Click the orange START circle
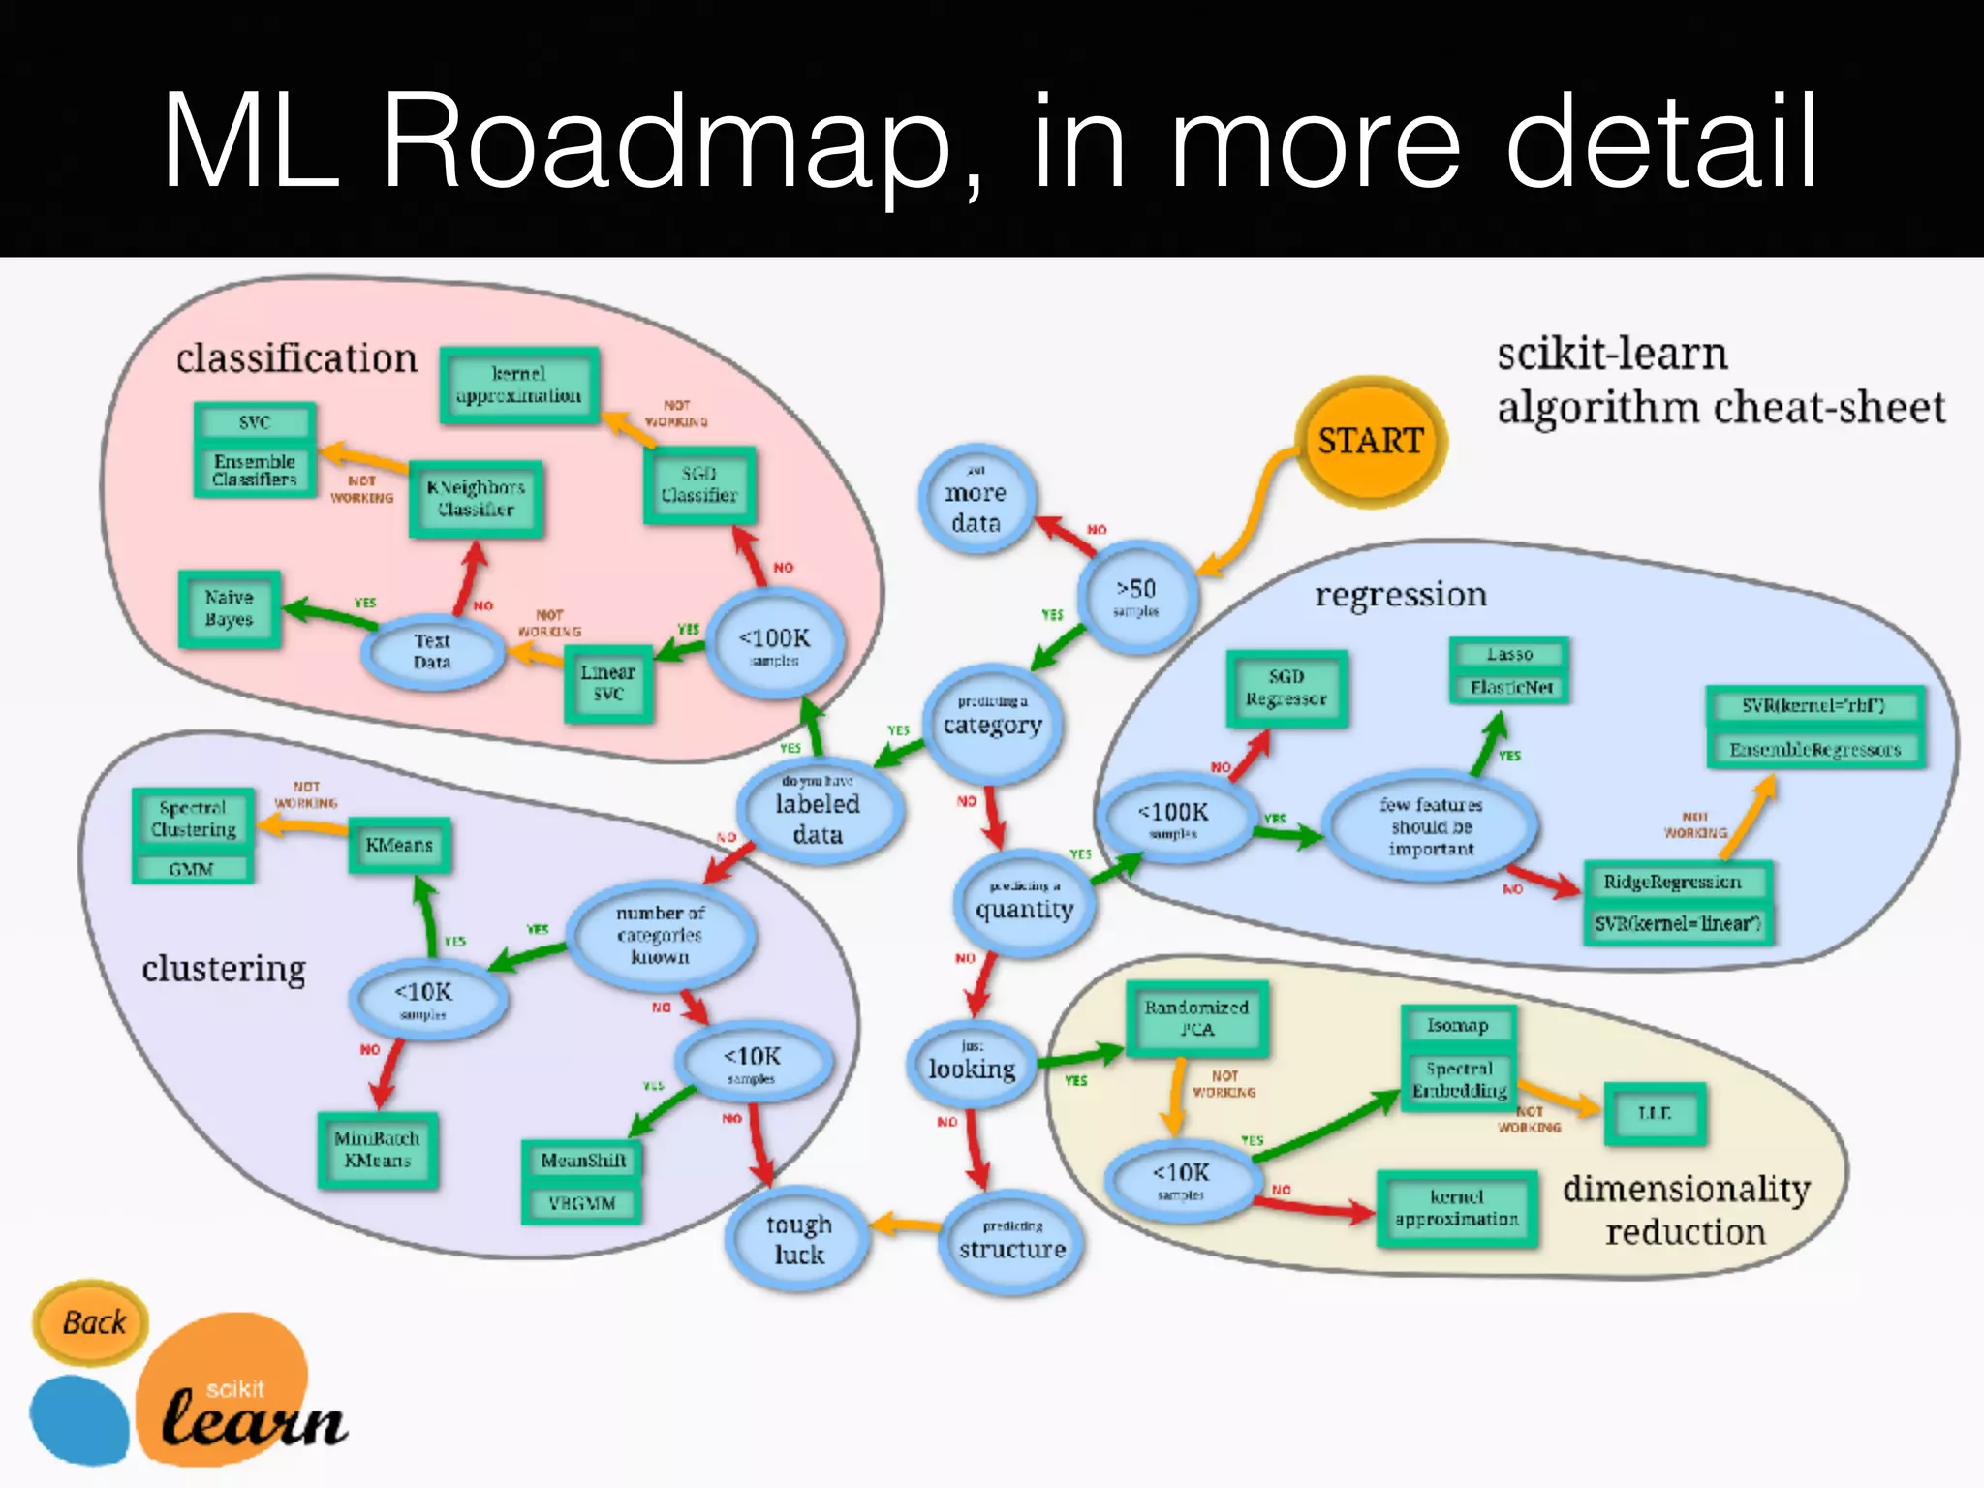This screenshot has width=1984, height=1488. click(1370, 441)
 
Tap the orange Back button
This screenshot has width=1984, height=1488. click(92, 1322)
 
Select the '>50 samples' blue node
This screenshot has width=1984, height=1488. click(1136, 596)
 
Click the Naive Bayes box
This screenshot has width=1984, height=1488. click(230, 608)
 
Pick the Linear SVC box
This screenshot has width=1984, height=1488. click(607, 683)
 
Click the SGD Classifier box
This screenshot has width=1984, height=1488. click(698, 484)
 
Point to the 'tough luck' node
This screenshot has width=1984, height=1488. click(798, 1239)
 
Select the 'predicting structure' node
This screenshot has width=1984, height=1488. click(1011, 1241)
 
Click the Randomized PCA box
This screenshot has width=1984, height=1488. click(1196, 1018)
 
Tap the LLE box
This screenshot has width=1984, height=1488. click(1654, 1113)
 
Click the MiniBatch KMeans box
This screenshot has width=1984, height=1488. click(377, 1149)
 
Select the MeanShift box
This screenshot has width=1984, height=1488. click(582, 1161)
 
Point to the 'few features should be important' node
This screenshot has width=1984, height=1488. click(1430, 826)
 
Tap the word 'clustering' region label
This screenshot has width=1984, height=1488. click(224, 968)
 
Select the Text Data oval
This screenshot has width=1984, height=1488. click(432, 652)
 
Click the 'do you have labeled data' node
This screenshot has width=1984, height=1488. click(818, 812)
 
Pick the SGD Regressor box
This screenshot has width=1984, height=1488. click(1286, 688)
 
